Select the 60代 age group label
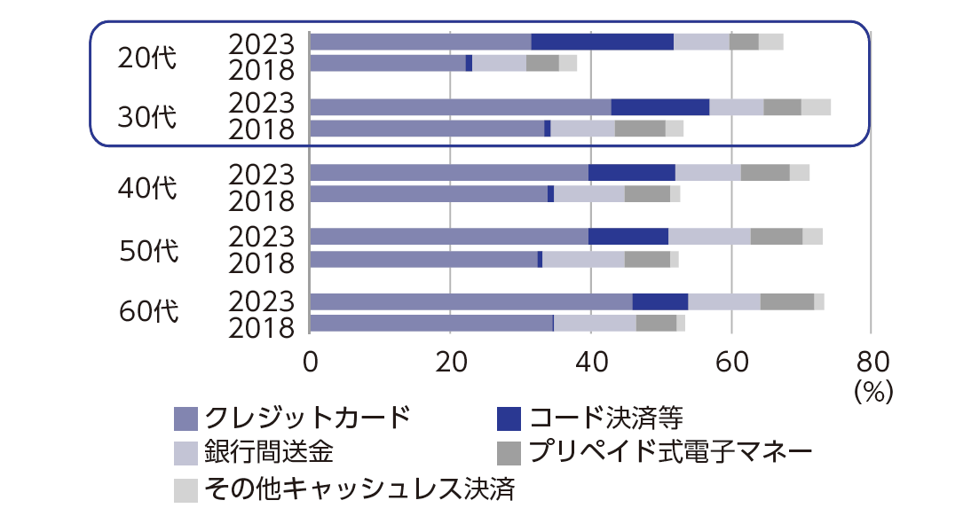click(x=148, y=312)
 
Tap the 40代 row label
click(x=147, y=187)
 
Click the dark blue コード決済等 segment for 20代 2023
click(x=602, y=42)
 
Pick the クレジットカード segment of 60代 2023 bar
click(x=470, y=301)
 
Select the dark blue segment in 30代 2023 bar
click(x=659, y=107)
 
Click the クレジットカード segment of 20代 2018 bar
click(x=387, y=63)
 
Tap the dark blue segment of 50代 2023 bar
click(x=628, y=236)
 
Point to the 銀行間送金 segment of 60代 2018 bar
click(x=595, y=323)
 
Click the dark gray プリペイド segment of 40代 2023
click(x=765, y=172)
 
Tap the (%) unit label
click(x=872, y=390)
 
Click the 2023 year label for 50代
click(x=261, y=236)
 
